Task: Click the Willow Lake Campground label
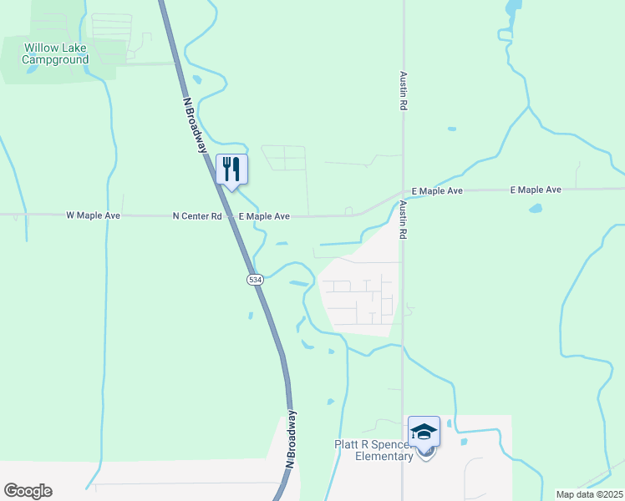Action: [x=55, y=53]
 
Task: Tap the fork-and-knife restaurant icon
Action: [x=231, y=170]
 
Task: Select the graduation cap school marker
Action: [x=424, y=431]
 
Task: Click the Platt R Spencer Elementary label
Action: [x=373, y=451]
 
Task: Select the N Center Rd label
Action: [x=197, y=216]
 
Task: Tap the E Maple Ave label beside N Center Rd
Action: [x=264, y=216]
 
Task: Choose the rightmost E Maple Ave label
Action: [x=536, y=190]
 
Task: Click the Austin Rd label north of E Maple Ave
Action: [x=403, y=91]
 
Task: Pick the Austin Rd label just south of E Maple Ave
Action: [x=403, y=220]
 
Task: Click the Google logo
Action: [x=28, y=491]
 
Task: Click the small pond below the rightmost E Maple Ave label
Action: [x=535, y=209]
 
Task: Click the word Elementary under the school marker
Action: [x=384, y=457]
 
